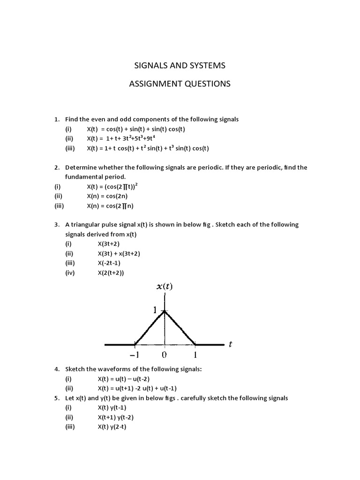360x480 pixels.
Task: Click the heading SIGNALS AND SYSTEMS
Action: coord(180,65)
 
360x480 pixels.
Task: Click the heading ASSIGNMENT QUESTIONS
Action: coord(180,84)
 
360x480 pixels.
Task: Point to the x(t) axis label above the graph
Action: coord(164,287)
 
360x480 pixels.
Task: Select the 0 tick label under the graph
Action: coord(164,355)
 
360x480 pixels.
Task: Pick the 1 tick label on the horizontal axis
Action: coord(195,355)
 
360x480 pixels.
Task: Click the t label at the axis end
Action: coord(230,345)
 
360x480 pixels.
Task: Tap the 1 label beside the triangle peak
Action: coord(156,310)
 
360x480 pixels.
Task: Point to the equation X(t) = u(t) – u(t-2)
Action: coord(124,379)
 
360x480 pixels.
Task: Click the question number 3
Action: coord(56,225)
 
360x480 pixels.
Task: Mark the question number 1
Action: coord(56,119)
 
